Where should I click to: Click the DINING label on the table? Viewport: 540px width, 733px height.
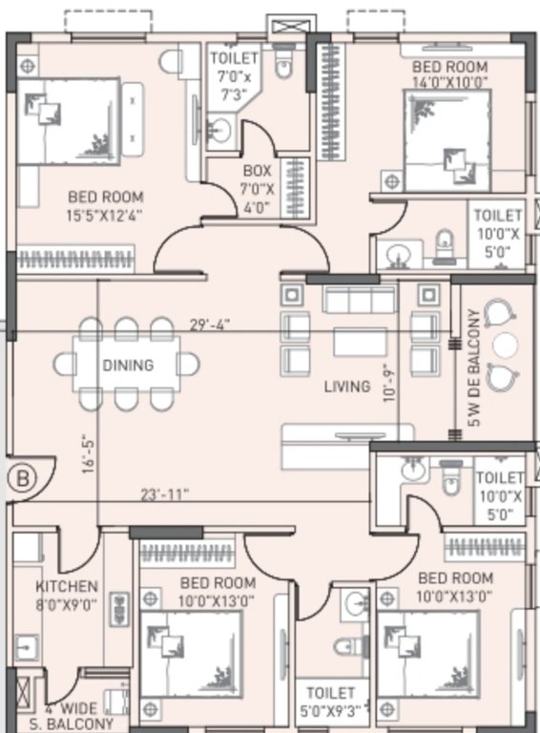(128, 365)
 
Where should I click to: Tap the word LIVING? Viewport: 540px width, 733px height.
(346, 387)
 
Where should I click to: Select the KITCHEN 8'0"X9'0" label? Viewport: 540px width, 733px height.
(66, 594)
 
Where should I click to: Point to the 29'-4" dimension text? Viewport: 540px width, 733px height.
(209, 325)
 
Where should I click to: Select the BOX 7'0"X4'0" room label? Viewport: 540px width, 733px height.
(258, 188)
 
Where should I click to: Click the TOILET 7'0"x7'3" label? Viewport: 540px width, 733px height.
(234, 75)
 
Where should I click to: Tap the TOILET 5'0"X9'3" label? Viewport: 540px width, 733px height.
(330, 702)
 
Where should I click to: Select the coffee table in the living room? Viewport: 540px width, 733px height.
(359, 342)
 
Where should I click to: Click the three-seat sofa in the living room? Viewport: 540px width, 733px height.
(359, 300)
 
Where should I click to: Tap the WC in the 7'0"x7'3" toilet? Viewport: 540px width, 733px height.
(284, 64)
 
